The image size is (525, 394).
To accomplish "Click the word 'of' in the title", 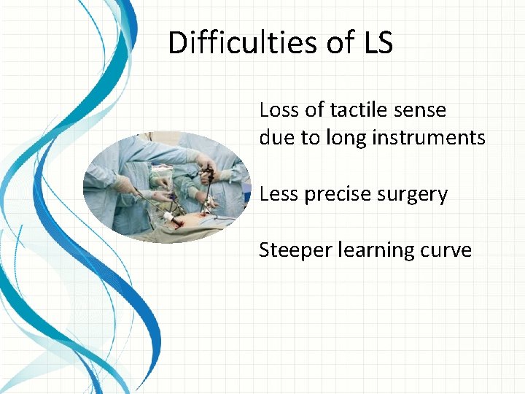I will [339, 43].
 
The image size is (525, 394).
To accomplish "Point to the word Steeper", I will [295, 250].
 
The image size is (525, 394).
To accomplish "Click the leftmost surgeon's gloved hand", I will [125, 185].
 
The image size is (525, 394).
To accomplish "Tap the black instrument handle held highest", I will [208, 174].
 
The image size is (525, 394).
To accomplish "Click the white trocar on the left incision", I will [172, 217].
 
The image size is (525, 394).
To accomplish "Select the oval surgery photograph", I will [168, 188].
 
